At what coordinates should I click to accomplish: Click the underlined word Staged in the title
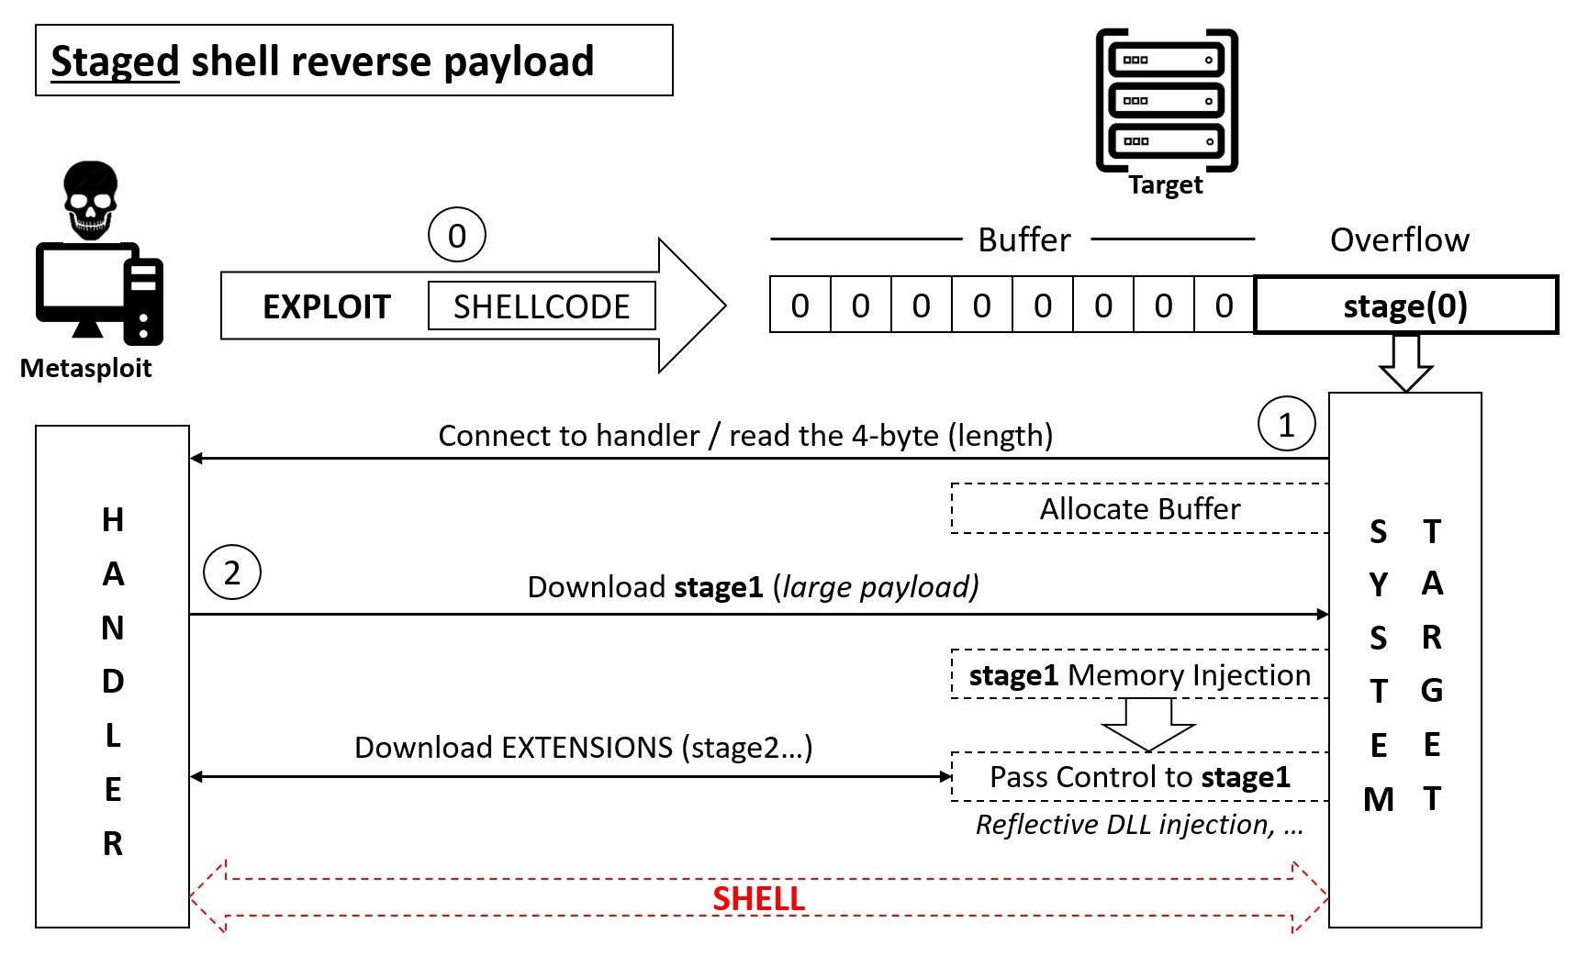[115, 61]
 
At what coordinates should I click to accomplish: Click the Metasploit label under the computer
[85, 369]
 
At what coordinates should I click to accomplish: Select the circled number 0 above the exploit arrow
[456, 236]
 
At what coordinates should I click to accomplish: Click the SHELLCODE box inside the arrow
[542, 306]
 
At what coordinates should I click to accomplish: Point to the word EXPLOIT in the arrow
[327, 306]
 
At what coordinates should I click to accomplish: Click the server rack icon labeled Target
[1167, 100]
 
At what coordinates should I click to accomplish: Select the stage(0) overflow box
[1405, 305]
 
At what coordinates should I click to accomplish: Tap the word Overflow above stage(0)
[1399, 240]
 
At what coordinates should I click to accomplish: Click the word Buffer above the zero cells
[1023, 240]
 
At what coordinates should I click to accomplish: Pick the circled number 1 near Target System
[1286, 424]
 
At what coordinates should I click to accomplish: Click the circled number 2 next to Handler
[231, 572]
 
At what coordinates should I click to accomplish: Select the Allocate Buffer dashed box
[1139, 508]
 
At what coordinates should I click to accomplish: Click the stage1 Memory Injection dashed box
[1139, 675]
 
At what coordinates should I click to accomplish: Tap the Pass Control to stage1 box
[1139, 777]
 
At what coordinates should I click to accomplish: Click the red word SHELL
[758, 899]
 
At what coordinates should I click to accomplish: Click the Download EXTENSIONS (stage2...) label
[583, 748]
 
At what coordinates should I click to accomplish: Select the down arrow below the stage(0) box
[1405, 363]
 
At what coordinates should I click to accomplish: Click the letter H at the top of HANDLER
[112, 520]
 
